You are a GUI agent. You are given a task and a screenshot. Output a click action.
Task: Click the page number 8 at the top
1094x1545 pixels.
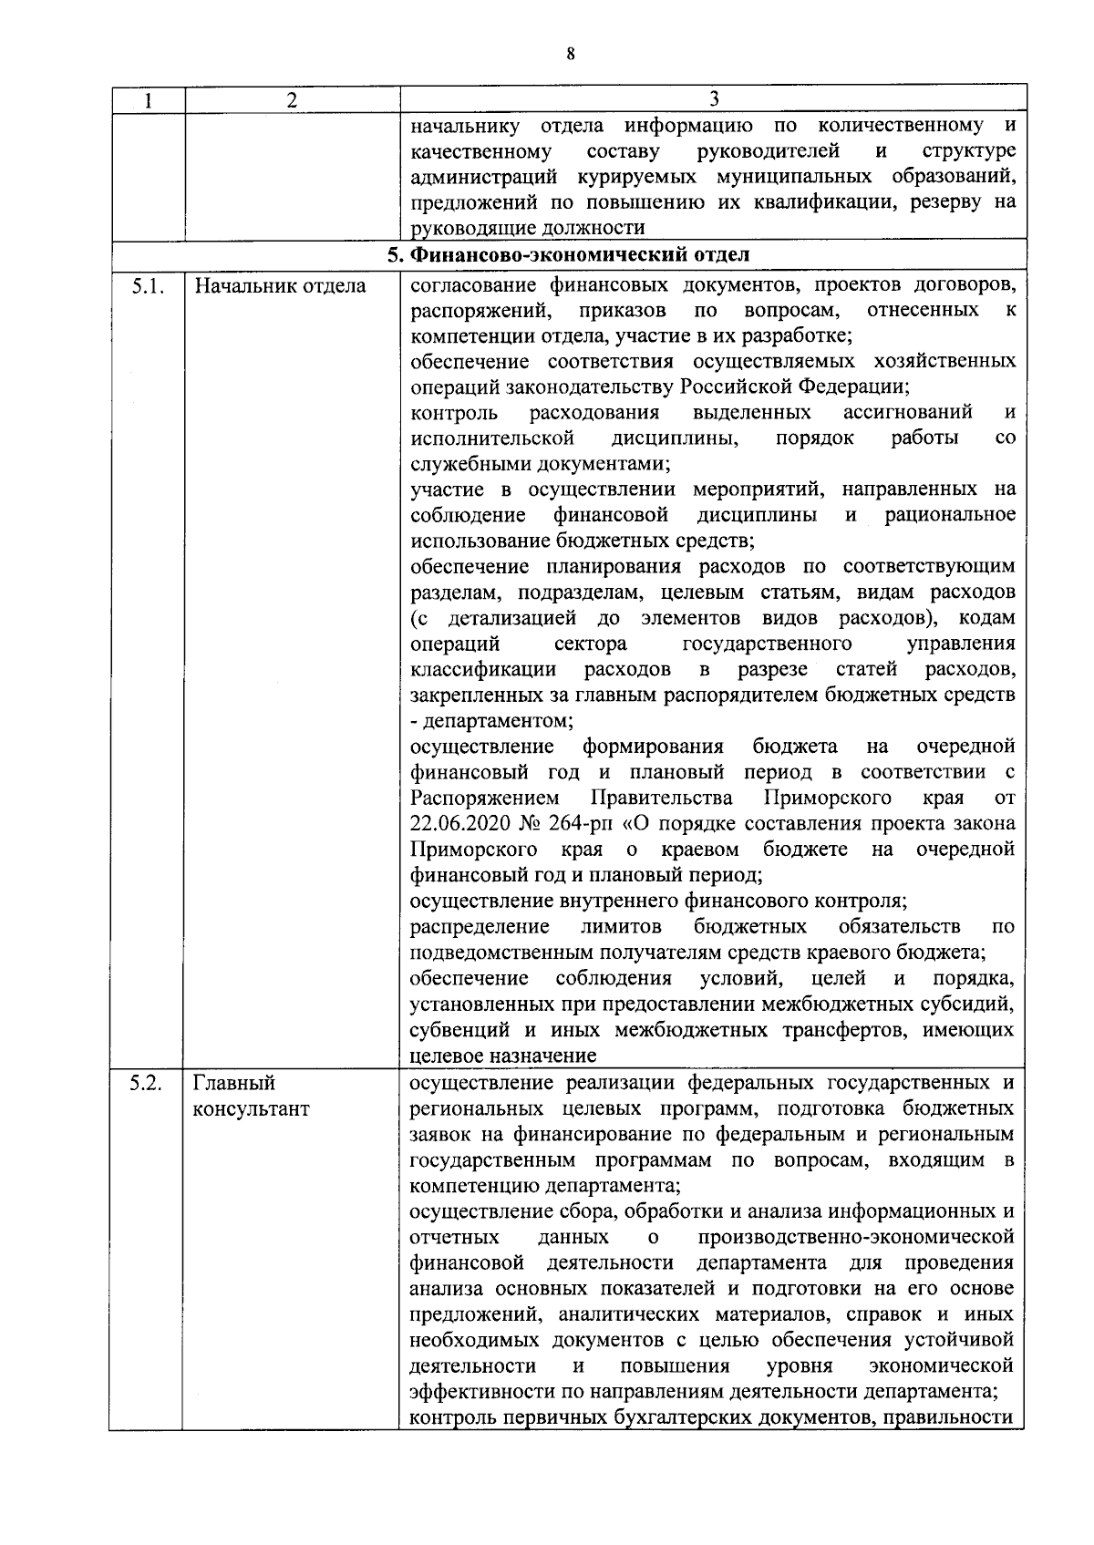pos(571,54)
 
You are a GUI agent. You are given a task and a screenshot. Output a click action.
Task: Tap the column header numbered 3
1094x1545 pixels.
pos(714,99)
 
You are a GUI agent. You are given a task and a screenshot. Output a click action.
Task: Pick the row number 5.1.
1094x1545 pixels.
pos(147,286)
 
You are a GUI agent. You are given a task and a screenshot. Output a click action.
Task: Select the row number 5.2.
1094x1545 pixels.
pos(146,1084)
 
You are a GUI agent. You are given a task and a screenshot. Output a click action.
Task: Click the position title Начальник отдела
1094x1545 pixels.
pos(280,286)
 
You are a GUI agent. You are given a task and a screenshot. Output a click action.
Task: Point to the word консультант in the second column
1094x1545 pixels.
pos(251,1109)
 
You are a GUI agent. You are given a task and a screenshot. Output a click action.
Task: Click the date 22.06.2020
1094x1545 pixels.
pos(465,824)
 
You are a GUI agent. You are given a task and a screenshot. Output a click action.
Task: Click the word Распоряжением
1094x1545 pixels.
pos(485,798)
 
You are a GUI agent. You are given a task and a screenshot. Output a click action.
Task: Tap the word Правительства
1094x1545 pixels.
pos(662,798)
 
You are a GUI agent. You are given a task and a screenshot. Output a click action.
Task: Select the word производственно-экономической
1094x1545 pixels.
pos(856,1238)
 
